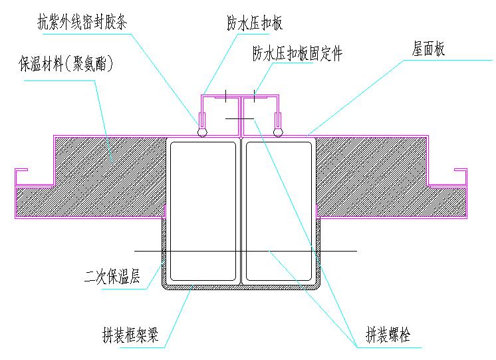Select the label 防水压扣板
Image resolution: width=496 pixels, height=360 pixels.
pos(255,24)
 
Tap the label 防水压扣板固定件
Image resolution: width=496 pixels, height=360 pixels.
pos(297,53)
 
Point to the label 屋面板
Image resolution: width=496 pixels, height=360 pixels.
pos(429,50)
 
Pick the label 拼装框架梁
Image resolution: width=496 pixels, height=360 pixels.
pos(131,334)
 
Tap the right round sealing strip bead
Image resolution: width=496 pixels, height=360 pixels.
pos(279,132)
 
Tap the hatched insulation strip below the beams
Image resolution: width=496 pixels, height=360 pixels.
pos(241,287)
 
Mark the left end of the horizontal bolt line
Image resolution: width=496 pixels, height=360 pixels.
pos(135,251)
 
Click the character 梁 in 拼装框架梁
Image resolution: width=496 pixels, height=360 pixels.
pos(153,334)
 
